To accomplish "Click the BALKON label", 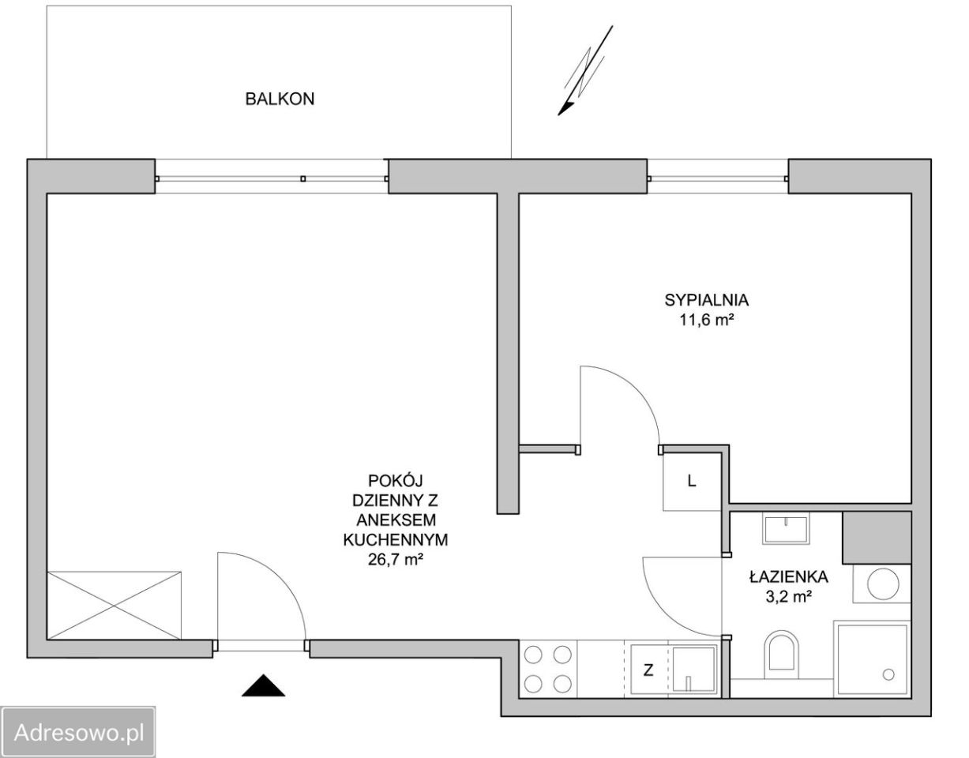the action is (x=280, y=99).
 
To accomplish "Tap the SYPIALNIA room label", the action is (x=706, y=300).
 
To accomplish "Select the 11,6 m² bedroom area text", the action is (x=706, y=320).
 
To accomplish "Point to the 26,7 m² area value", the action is (x=395, y=559).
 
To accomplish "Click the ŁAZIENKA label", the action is (x=788, y=577).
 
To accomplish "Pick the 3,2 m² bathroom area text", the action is (x=788, y=597).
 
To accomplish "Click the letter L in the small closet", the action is (x=692, y=481).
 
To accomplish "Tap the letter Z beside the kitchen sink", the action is (x=648, y=670).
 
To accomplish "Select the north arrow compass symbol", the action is (x=585, y=70).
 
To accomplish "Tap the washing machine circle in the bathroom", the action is (x=882, y=584).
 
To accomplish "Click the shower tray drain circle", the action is (x=888, y=674).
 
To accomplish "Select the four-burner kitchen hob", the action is (x=548, y=669).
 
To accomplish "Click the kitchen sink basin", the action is (x=693, y=670).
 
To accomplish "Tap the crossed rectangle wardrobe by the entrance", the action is (x=115, y=606).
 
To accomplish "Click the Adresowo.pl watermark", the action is (x=79, y=733).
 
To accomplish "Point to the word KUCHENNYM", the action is (x=395, y=539).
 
